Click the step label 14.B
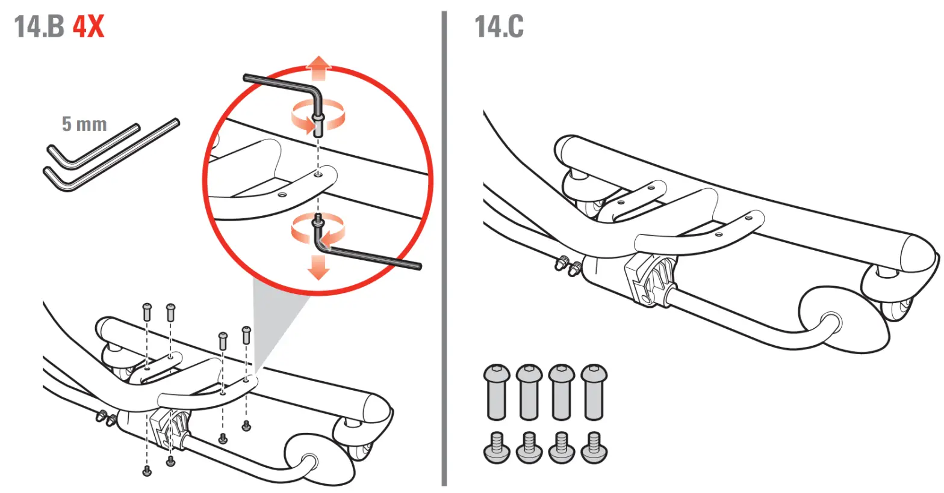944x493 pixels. [39, 27]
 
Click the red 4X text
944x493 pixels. [88, 27]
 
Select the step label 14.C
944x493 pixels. [499, 27]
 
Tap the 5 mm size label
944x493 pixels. [84, 124]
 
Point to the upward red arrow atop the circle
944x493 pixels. [318, 67]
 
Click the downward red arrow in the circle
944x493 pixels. [318, 268]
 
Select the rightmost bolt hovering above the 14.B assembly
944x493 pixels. [246, 334]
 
